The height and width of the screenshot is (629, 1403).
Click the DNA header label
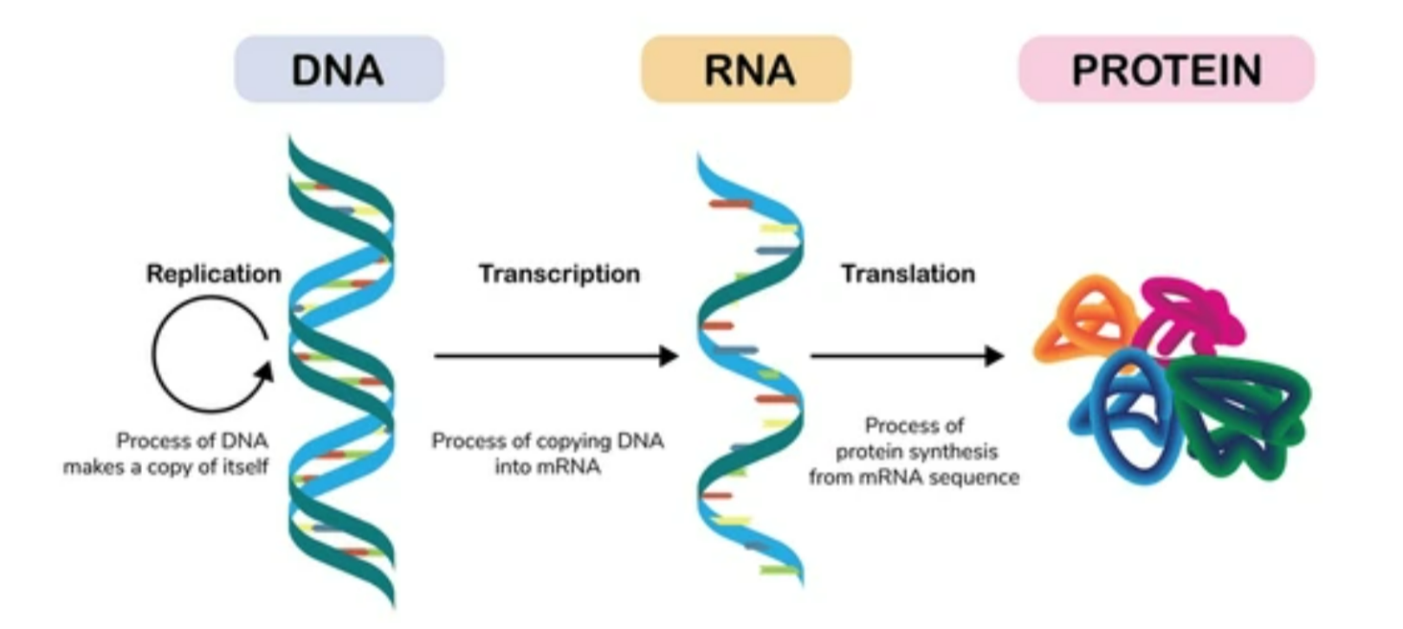click(x=339, y=69)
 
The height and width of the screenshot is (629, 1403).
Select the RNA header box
click(x=747, y=69)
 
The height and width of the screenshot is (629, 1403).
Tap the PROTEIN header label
click(x=1166, y=69)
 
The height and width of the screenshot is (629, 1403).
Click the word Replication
click(x=213, y=274)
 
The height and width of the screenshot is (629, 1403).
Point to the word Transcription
click(x=559, y=274)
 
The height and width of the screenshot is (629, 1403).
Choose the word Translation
click(x=908, y=274)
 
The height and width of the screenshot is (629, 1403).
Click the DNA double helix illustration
click(x=342, y=373)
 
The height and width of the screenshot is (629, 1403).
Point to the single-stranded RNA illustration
click(x=750, y=373)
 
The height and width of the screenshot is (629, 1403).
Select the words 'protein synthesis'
click(x=916, y=451)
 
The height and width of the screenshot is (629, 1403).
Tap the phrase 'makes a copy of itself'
click(x=166, y=466)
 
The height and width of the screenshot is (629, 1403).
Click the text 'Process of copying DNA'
click(x=547, y=441)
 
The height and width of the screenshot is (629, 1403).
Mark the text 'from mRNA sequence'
click(x=915, y=477)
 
